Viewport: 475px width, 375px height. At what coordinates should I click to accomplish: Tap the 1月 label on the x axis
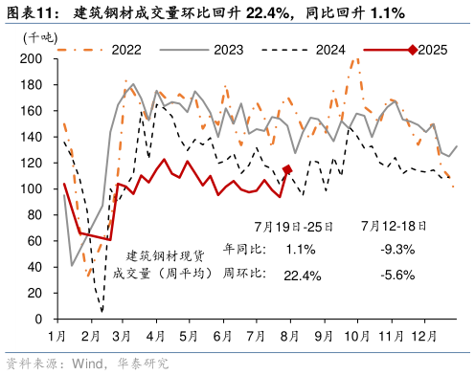[x=58, y=337]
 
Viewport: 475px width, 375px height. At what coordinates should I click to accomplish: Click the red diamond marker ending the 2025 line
[x=287, y=170]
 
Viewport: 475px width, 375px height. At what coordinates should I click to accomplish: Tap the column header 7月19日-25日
[x=294, y=227]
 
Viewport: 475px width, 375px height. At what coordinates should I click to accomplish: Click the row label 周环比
[x=239, y=276]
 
